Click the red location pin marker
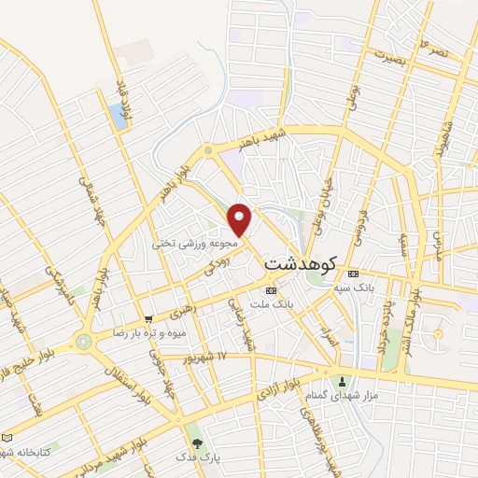tap(240, 219)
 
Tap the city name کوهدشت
tap(300, 263)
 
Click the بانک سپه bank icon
tap(352, 274)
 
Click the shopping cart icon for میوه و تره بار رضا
tap(148, 319)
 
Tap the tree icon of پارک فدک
tap(196, 443)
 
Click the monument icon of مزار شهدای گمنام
tap(343, 381)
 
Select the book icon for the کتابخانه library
tap(7, 438)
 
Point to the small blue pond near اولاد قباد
tap(118, 117)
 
